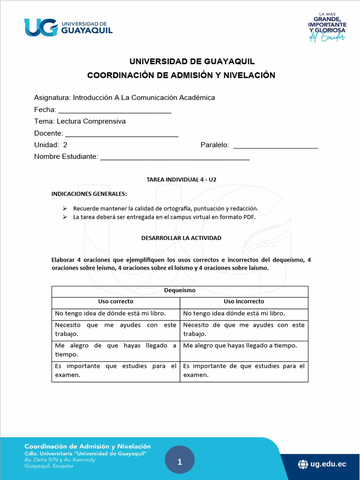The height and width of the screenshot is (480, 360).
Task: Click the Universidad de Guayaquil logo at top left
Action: [x=68, y=27]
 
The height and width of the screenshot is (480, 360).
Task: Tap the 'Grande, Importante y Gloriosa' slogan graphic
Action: [x=327, y=27]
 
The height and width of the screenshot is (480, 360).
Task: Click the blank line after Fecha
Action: [x=115, y=111]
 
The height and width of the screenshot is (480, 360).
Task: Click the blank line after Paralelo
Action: [x=276, y=147]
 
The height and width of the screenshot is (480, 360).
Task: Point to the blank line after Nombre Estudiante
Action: [x=175, y=158]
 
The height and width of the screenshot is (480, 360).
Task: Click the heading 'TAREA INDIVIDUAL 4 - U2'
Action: [x=181, y=180]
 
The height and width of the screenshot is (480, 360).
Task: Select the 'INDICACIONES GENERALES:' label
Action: [x=89, y=194]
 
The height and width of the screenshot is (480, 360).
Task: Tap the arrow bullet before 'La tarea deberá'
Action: [x=65, y=217]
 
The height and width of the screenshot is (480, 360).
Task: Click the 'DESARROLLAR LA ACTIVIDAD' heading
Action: [x=181, y=238]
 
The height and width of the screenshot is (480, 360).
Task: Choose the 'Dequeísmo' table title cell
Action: [x=180, y=291]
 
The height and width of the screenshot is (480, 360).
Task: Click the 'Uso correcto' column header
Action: [x=115, y=301]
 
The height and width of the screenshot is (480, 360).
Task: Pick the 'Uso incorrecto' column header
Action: [x=244, y=301]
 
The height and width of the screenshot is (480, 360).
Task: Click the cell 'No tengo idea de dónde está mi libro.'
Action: [x=110, y=313]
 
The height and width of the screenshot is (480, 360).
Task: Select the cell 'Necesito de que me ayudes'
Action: [x=244, y=329]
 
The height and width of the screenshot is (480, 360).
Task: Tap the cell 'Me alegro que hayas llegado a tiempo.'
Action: [x=240, y=345]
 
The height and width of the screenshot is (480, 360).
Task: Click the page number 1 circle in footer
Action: [x=180, y=462]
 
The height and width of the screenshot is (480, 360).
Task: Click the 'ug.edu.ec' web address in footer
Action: [x=328, y=464]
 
